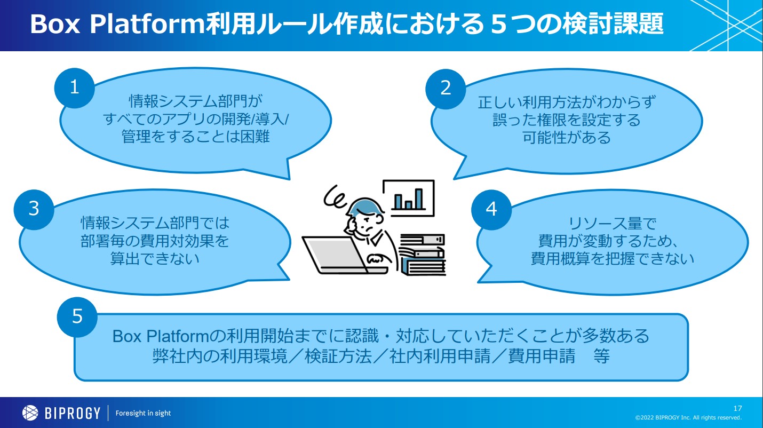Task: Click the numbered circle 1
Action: coord(74,88)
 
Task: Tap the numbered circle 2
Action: coord(446,89)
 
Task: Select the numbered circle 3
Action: coord(34,210)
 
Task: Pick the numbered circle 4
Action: coord(491,210)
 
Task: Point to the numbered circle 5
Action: coord(77,317)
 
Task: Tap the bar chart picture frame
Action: coord(409,197)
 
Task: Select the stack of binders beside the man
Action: coord(423,254)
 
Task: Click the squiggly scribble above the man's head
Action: coord(335,197)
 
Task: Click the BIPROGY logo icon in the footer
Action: coord(30,413)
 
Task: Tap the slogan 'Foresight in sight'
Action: coord(143,414)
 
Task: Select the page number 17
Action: coord(738,408)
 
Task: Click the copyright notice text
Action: coord(688,417)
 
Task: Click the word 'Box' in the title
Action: coord(55,24)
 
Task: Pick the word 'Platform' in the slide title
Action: coord(147,24)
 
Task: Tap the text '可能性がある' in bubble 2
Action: coord(567,138)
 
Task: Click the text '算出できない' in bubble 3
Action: coord(155,259)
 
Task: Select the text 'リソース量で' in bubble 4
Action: coord(613,224)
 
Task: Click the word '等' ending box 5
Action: coord(601,356)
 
